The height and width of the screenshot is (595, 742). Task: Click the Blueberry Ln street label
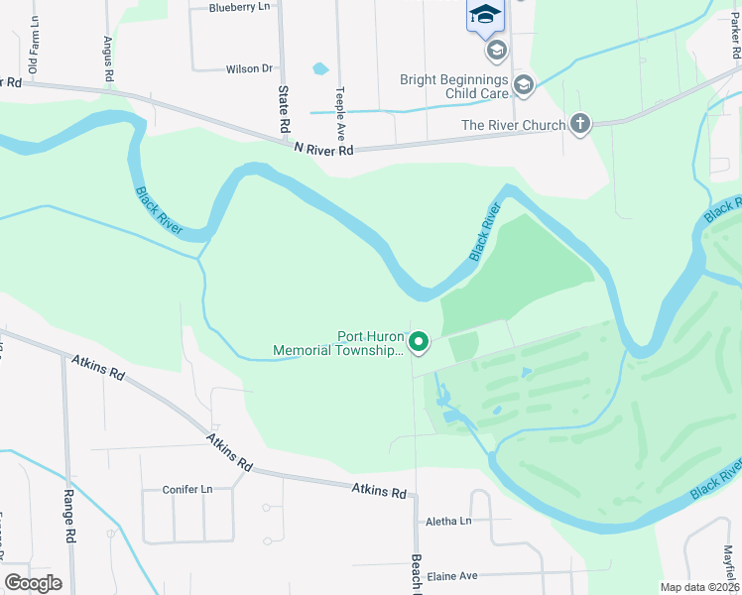coord(239,7)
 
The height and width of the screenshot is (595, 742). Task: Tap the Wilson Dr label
coord(249,68)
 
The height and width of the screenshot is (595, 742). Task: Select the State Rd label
coord(283,110)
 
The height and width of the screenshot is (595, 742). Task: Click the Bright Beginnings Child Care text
coord(454,86)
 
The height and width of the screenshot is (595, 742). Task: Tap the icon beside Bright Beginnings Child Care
coord(524,86)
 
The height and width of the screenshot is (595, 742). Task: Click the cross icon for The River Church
coord(580,124)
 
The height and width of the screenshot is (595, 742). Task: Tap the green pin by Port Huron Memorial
coord(419,343)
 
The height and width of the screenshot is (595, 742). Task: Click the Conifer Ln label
coord(187,490)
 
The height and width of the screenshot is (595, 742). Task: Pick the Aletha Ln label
coord(448,522)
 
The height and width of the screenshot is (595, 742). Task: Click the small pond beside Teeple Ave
coord(320,69)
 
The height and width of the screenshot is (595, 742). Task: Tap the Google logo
coord(33,583)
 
